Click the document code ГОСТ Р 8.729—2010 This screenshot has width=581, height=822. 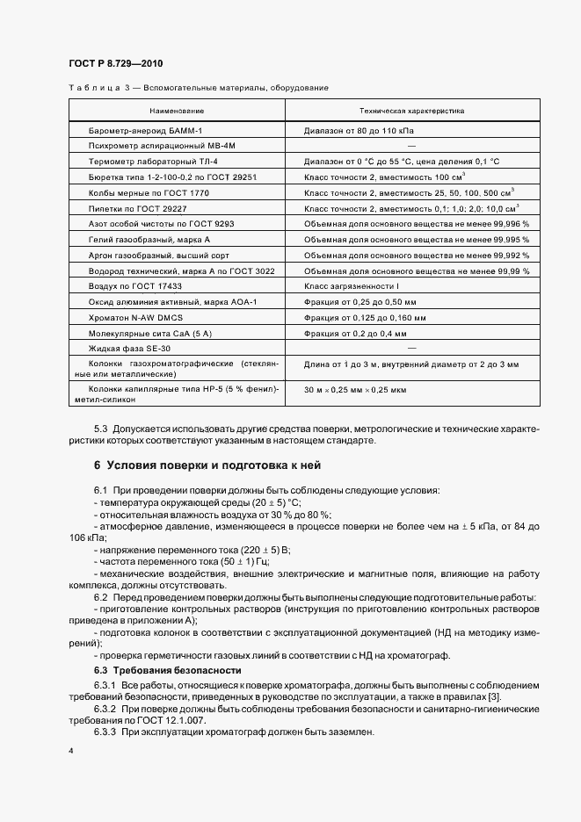pos(114,64)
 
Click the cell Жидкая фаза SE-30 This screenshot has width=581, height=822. pos(129,349)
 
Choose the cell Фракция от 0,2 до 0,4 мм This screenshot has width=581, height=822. pos(355,334)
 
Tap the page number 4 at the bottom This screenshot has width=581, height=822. pos(70,752)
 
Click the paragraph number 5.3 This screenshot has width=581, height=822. pos(101,428)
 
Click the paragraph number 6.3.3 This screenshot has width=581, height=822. pos(105,732)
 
